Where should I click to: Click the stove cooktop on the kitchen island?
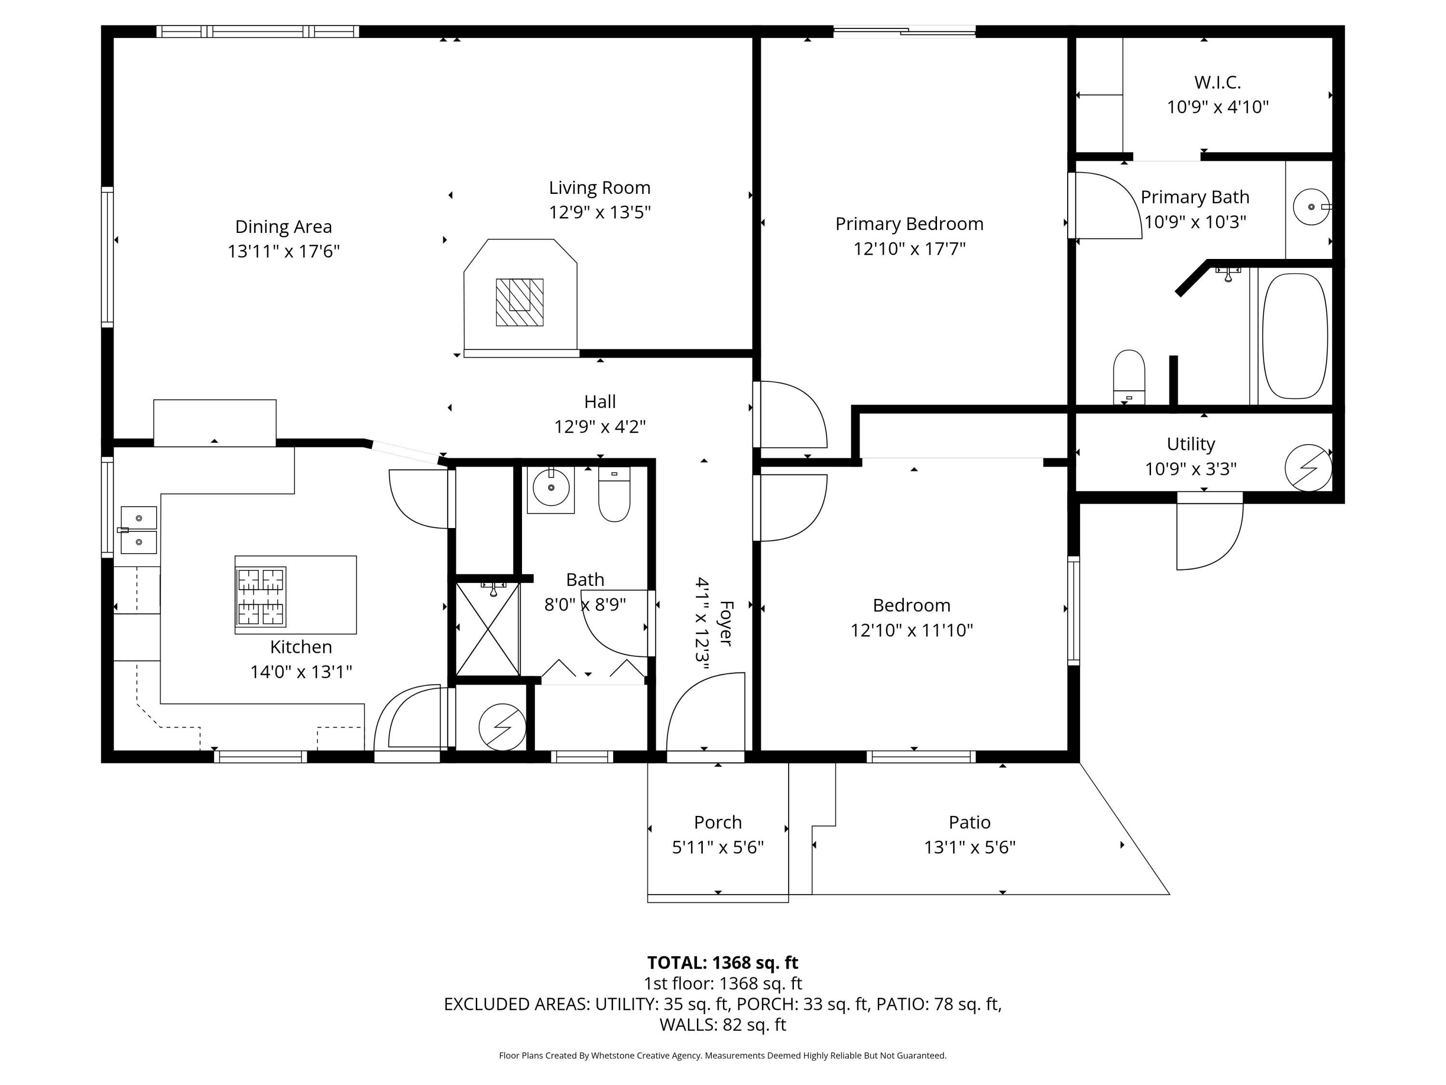click(x=261, y=597)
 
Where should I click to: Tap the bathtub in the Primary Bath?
click(x=1295, y=336)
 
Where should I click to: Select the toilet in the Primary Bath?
click(x=1129, y=377)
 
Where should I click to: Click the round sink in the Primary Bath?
click(x=1312, y=207)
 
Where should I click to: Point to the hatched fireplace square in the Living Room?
click(x=520, y=302)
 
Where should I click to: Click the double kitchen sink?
click(x=139, y=530)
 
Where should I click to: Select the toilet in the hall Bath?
click(x=615, y=494)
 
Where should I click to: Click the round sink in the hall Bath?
click(x=551, y=488)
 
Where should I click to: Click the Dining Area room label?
click(x=284, y=227)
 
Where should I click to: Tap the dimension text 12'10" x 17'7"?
click(x=910, y=248)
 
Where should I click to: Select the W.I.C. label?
click(x=1217, y=82)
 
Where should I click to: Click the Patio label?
click(x=969, y=822)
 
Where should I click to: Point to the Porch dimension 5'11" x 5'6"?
click(x=718, y=847)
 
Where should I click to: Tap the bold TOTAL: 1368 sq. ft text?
click(x=723, y=963)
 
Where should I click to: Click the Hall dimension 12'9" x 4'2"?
click(x=600, y=426)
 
